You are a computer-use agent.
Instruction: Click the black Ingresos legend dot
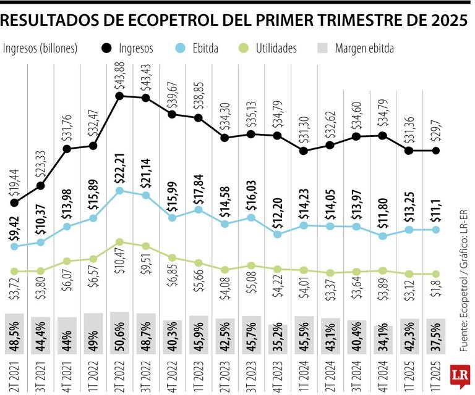(x=106, y=48)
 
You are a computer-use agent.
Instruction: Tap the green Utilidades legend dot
(x=244, y=48)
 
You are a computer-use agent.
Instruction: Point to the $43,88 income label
(x=119, y=77)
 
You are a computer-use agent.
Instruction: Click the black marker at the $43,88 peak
(x=119, y=96)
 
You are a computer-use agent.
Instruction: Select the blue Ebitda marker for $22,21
(x=119, y=191)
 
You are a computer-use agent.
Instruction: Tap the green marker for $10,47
(x=119, y=242)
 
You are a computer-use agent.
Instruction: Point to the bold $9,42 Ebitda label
(x=14, y=228)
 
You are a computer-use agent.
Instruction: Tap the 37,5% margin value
(x=436, y=339)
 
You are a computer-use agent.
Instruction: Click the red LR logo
(x=460, y=375)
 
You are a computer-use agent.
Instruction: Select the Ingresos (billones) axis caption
(x=41, y=48)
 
